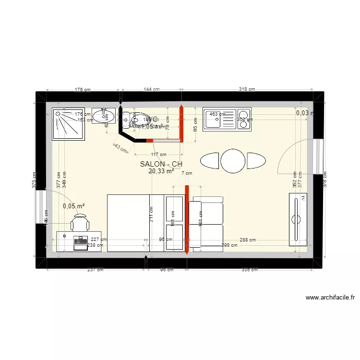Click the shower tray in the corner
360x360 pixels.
tap(68, 123)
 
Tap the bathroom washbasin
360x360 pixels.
tap(103, 115)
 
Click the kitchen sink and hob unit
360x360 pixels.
tap(227, 119)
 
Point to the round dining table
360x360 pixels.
tap(233, 161)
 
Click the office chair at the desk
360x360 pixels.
tap(80, 223)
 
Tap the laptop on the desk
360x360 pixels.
tap(81, 242)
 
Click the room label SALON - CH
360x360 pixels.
tap(161, 164)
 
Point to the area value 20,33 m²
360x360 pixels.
tap(161, 171)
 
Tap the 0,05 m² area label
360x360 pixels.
tap(74, 206)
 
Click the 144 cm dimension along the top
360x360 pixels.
tap(151, 89)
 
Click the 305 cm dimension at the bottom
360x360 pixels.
tap(250, 270)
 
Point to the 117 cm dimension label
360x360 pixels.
tap(158, 155)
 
